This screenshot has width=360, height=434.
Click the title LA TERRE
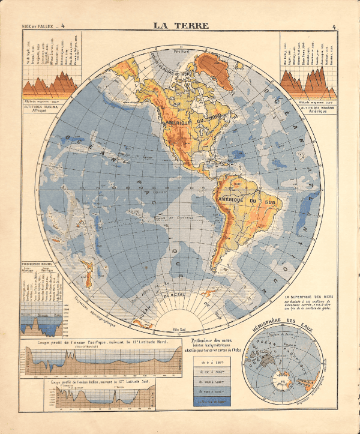[x=180, y=25]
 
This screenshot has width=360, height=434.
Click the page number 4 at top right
[x=333, y=26]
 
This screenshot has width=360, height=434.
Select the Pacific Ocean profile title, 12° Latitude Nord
[x=100, y=342]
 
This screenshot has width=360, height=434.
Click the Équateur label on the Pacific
[x=159, y=193]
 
